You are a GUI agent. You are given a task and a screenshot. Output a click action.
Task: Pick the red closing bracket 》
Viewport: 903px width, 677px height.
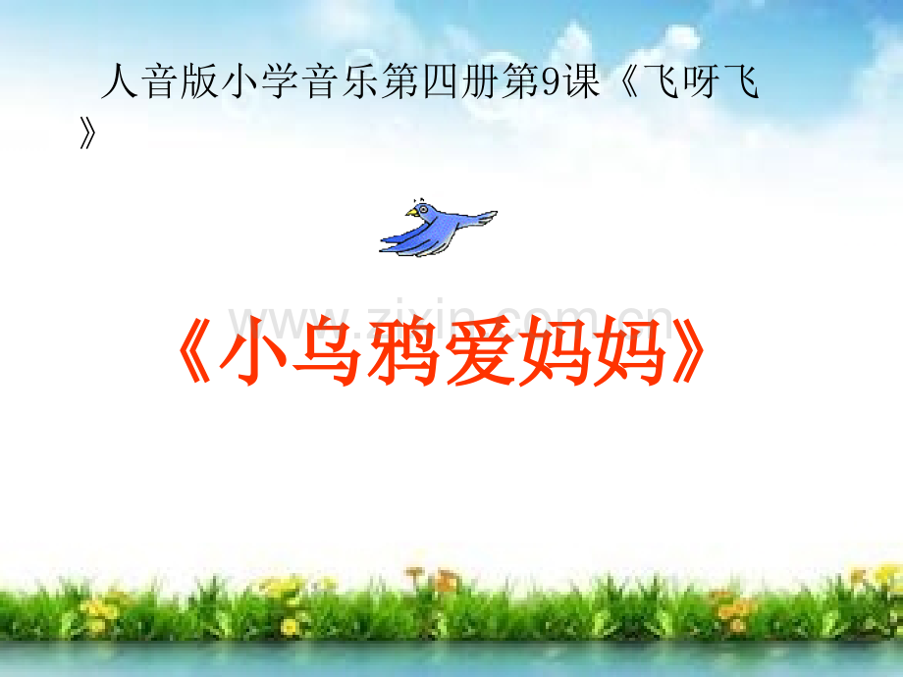687,352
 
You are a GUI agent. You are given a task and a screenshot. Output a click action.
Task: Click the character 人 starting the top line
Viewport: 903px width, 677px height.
119,84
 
